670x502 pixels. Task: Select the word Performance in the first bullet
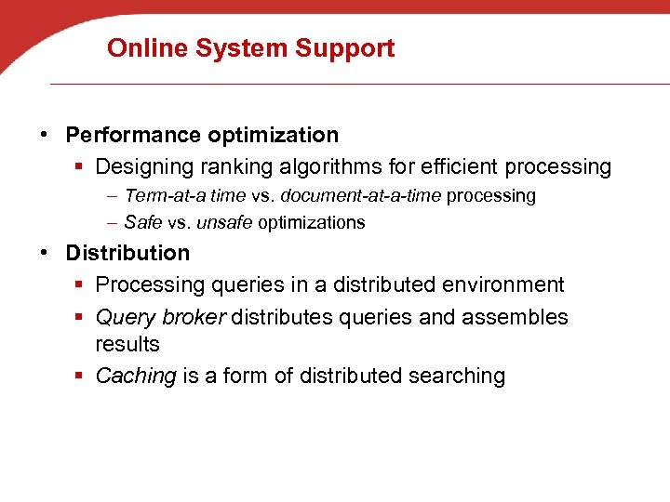(x=133, y=136)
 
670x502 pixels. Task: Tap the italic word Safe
(x=142, y=222)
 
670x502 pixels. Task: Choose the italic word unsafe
(x=224, y=222)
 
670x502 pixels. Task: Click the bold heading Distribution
(x=127, y=253)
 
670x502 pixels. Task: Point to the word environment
(x=497, y=284)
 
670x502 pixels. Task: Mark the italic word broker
(x=194, y=317)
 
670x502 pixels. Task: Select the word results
(x=127, y=344)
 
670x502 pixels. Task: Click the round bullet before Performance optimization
(x=47, y=136)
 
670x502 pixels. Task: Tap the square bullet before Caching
(x=81, y=376)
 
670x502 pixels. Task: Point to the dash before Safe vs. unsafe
(x=112, y=222)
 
